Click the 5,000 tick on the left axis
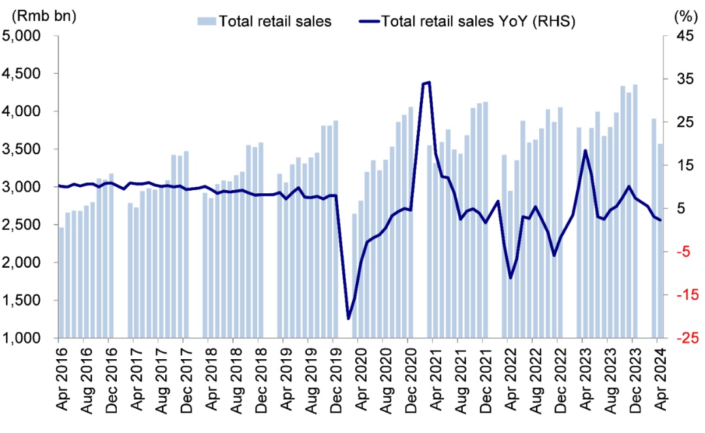tap(22, 36)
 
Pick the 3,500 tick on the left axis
tap(22, 150)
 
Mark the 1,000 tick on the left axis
tap(22, 338)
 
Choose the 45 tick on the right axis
tap(682, 36)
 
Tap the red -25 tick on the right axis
tap(681, 338)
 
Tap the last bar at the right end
tap(660, 241)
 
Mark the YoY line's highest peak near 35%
tap(428, 82)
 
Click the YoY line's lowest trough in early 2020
tap(349, 319)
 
